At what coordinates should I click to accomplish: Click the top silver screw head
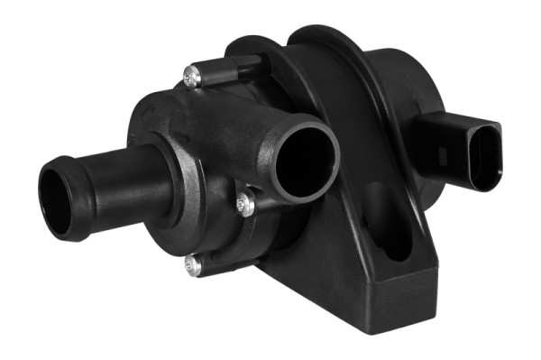(192, 79)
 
